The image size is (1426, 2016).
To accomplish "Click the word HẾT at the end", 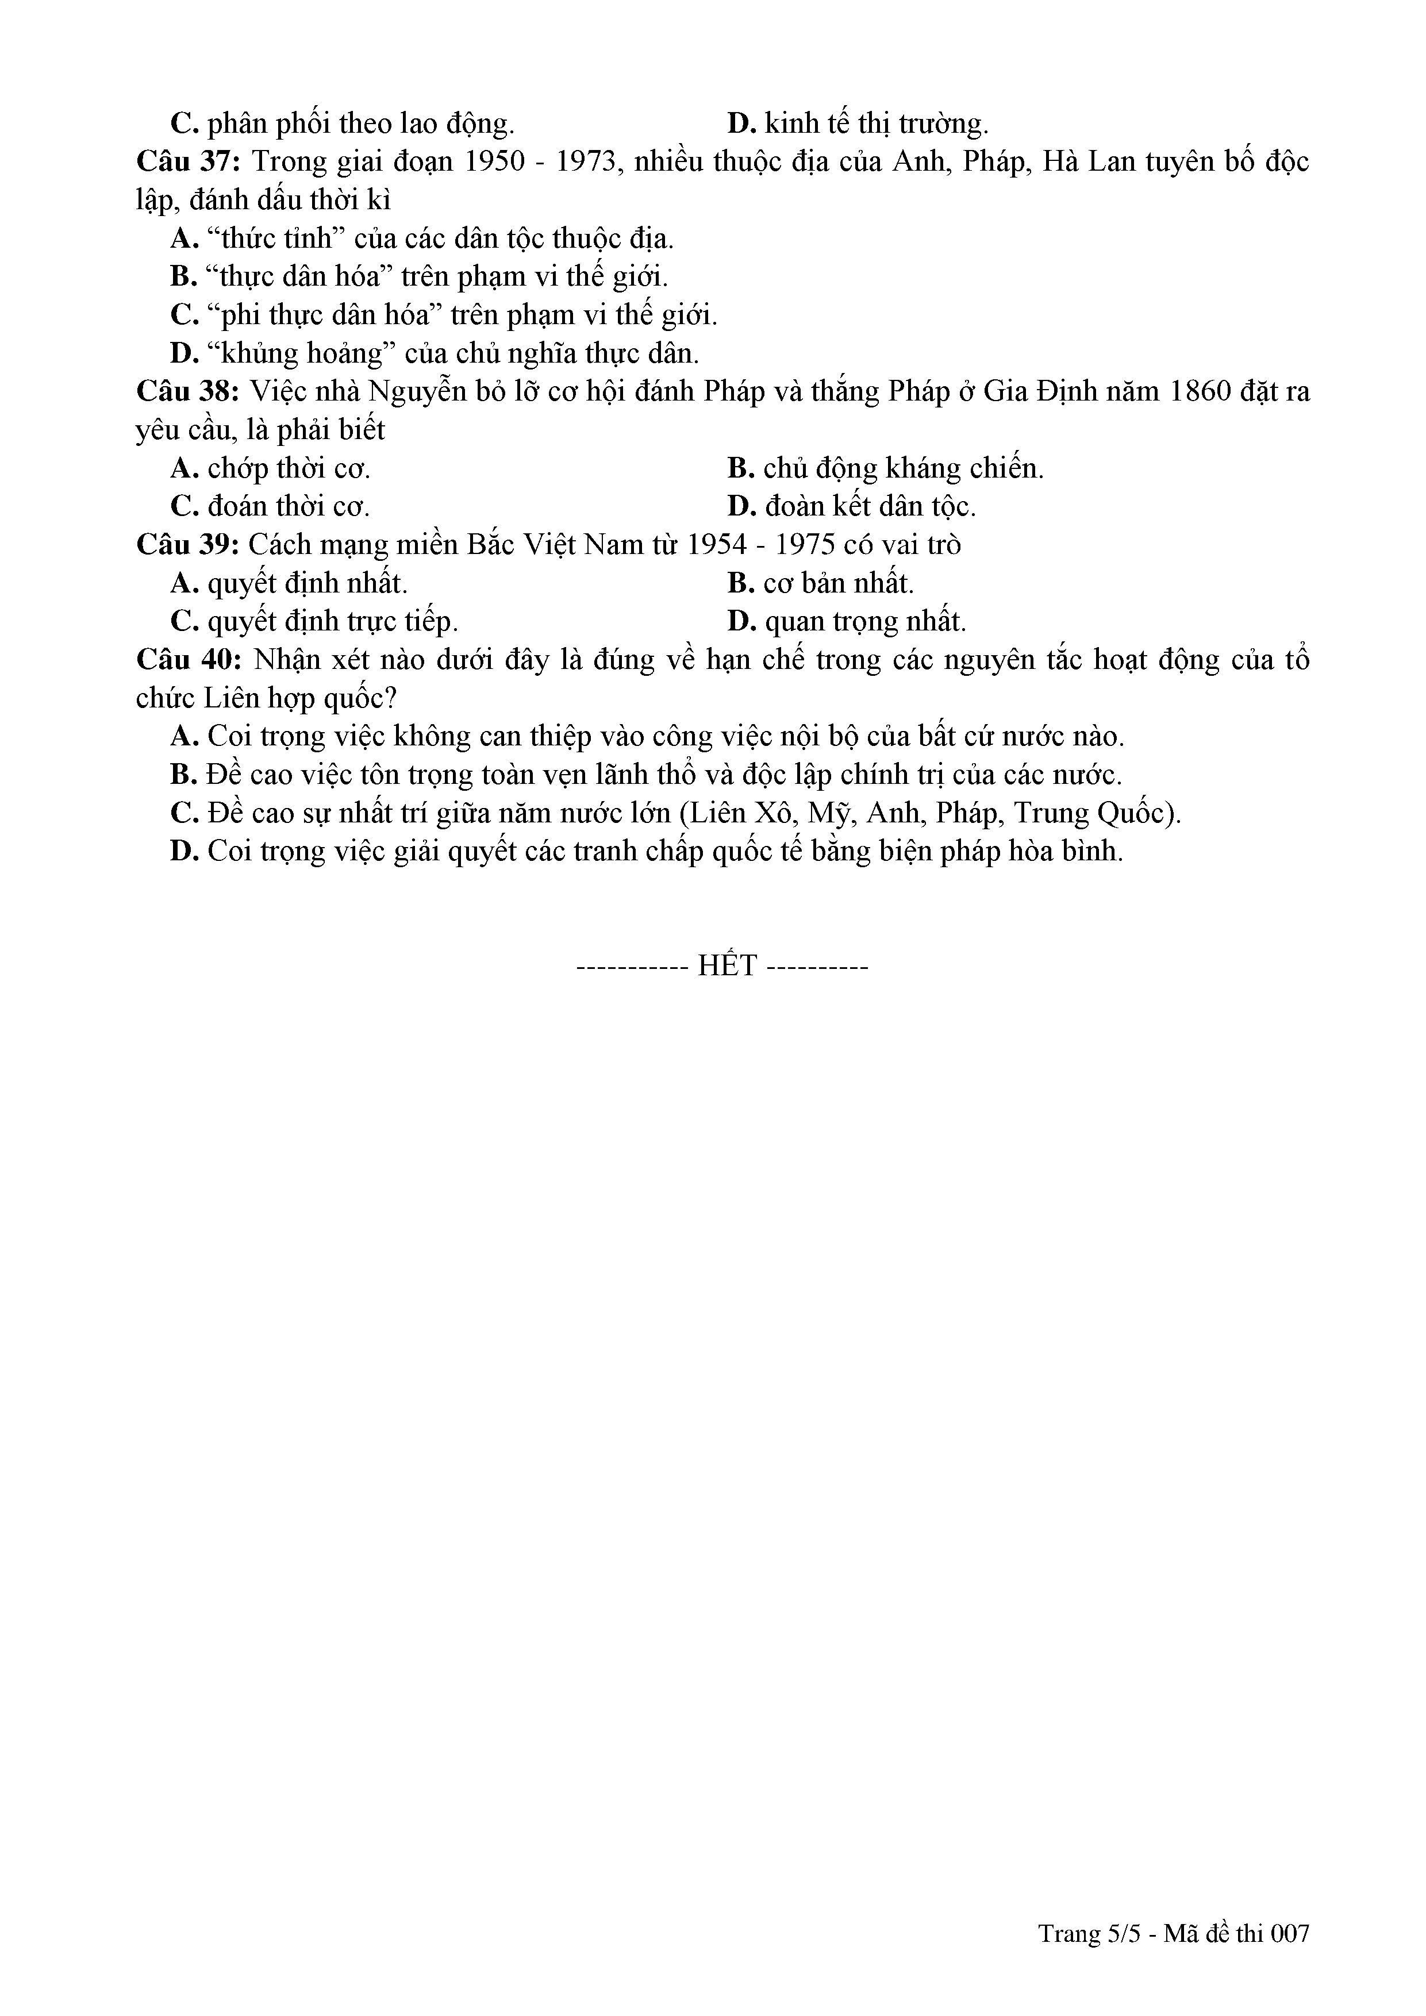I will tap(727, 966).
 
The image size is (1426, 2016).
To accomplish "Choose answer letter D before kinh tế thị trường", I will tap(742, 124).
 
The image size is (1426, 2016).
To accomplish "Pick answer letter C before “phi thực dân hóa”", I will tap(183, 316).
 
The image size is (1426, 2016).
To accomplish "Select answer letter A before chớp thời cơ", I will tap(183, 469).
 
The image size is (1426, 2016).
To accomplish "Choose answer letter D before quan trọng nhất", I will tap(742, 622).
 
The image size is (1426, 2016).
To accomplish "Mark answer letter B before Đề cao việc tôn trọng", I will tap(183, 775).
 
